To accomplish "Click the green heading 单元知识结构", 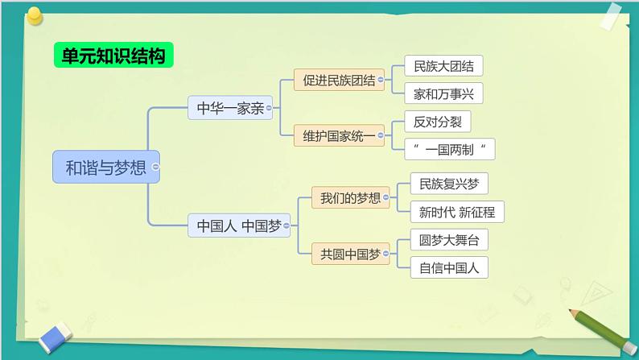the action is (x=113, y=56).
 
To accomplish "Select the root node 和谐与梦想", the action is (x=105, y=168).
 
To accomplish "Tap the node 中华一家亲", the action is (x=230, y=107).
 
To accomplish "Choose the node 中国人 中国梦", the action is (x=239, y=227).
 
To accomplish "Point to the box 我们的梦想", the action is (x=350, y=197).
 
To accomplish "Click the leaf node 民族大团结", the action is (x=443, y=67).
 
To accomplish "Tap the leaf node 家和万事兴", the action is (x=443, y=94).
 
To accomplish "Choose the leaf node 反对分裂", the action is (x=437, y=122).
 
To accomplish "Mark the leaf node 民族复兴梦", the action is (x=448, y=184).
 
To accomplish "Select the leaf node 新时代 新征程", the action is (x=456, y=213).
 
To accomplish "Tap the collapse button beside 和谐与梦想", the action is (x=155, y=168).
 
